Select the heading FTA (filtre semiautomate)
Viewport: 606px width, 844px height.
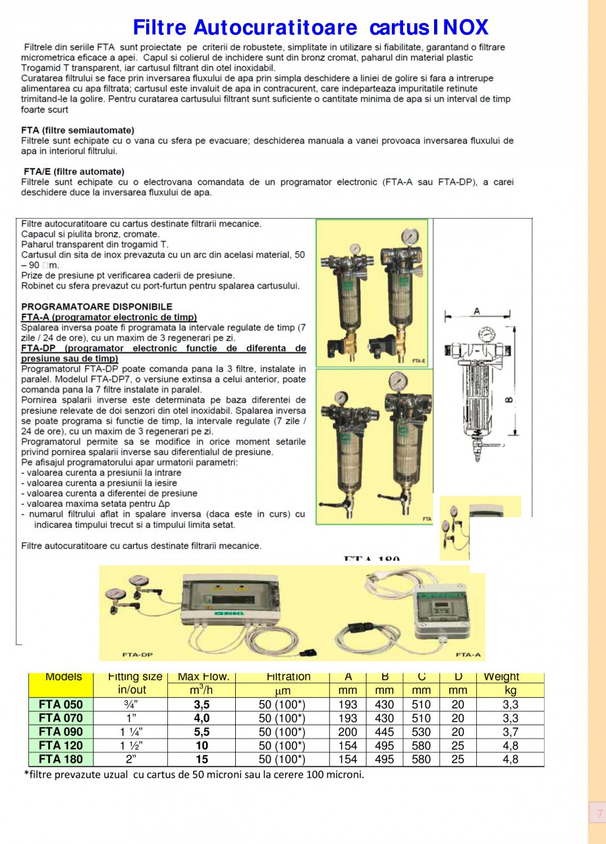click(78, 130)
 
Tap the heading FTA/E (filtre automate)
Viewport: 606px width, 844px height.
click(73, 172)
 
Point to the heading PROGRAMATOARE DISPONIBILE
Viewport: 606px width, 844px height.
click(97, 306)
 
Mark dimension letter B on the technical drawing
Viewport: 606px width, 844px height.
click(512, 399)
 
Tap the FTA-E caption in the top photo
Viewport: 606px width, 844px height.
click(418, 360)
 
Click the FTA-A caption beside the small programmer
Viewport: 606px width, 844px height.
click(466, 656)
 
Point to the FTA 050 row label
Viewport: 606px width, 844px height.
click(61, 704)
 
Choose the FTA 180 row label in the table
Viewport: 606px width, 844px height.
click(61, 760)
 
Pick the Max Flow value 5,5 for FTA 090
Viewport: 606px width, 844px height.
click(202, 732)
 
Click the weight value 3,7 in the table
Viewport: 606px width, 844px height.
click(510, 732)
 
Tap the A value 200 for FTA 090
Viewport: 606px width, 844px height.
click(348, 732)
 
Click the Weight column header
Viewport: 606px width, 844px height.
click(501, 677)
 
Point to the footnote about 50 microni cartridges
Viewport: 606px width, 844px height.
click(194, 774)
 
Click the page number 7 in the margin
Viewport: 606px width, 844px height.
click(599, 814)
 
